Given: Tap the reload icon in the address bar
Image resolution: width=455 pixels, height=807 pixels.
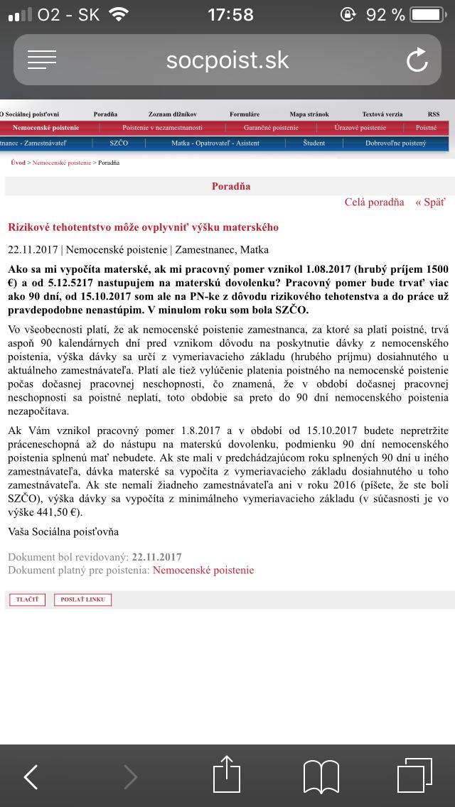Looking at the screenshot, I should (x=417, y=60).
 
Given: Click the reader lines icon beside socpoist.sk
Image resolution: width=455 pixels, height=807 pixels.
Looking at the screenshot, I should (x=42, y=60).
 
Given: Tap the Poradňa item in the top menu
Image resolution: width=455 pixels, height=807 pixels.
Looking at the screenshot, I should (x=105, y=114).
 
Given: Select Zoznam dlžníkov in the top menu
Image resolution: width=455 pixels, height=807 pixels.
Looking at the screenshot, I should (x=172, y=114).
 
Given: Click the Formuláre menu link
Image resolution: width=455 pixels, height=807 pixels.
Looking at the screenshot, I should (x=245, y=114).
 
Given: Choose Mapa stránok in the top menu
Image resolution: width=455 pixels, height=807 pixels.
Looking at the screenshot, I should (x=309, y=114).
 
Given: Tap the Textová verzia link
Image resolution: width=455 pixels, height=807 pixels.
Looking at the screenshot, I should (x=382, y=114).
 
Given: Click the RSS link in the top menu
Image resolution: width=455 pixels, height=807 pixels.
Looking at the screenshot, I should (x=434, y=114).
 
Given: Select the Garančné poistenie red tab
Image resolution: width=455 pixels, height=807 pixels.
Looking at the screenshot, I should (x=271, y=128).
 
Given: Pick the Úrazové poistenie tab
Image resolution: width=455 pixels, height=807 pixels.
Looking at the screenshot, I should (x=360, y=128).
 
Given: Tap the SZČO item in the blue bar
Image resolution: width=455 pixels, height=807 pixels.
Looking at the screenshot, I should (x=119, y=143).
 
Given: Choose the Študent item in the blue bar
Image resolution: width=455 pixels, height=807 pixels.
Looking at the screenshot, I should (x=314, y=143).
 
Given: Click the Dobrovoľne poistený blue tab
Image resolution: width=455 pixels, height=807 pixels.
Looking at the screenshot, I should (x=396, y=143).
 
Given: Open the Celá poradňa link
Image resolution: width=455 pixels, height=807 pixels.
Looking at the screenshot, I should (x=374, y=202).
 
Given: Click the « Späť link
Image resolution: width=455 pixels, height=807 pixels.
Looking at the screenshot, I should (x=431, y=202).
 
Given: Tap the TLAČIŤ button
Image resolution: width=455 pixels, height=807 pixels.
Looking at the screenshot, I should (x=27, y=600).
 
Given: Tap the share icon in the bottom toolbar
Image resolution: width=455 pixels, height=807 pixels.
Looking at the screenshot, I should (x=228, y=776).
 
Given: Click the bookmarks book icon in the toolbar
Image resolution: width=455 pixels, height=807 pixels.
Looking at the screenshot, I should (x=321, y=776).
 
